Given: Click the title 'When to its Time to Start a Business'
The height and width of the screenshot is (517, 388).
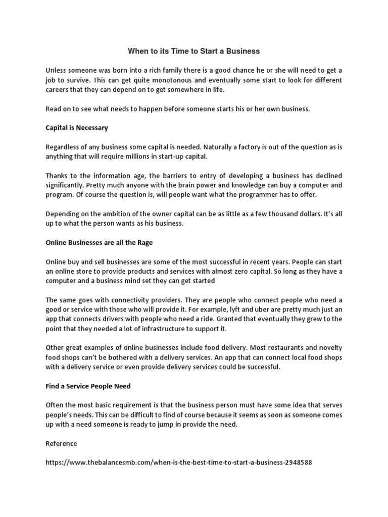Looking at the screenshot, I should [194, 51].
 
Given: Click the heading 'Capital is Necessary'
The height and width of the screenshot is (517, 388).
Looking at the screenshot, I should [77, 128].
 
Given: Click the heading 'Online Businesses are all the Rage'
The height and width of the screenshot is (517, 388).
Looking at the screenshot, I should [99, 242].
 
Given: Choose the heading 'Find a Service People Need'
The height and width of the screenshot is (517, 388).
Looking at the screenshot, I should [88, 386].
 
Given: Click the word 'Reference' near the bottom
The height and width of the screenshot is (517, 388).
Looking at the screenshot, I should [61, 443].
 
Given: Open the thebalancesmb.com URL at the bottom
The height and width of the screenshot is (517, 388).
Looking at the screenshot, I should [175, 462].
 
